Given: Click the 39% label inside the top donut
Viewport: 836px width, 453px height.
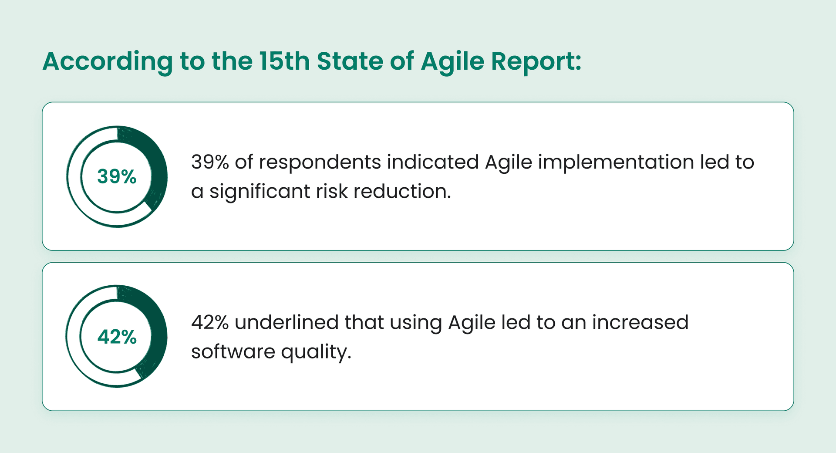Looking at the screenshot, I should (x=117, y=176).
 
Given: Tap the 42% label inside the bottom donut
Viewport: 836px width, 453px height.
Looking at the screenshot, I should (x=117, y=337).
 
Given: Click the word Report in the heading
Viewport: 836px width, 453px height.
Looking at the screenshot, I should (x=536, y=61).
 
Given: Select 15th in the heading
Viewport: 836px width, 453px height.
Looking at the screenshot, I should (x=284, y=61).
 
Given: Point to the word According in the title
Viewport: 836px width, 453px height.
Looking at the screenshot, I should (x=107, y=61).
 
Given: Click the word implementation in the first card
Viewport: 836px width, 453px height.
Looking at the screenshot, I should (x=616, y=162).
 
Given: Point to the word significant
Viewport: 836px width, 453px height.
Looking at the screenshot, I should (x=260, y=192).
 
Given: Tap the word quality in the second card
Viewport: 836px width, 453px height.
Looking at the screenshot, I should (x=316, y=352).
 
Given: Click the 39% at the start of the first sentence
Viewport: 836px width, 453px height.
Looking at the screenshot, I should (x=210, y=162).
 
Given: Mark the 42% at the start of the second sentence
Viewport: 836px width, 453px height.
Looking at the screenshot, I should (x=210, y=323).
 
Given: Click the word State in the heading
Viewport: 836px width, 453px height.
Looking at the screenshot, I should (x=349, y=61).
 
